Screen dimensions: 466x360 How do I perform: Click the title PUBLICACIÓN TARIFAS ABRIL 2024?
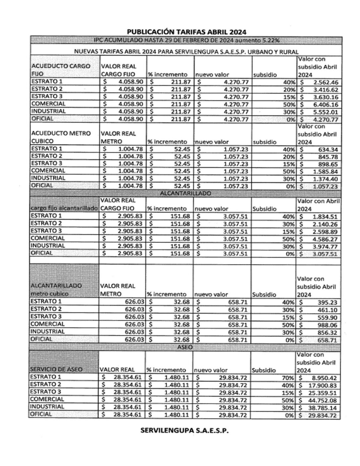click(x=187, y=32)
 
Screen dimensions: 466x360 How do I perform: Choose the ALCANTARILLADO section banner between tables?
click(x=185, y=193)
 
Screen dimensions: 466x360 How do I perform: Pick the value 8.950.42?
click(x=324, y=378)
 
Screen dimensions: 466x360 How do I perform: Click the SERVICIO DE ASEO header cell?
click(x=56, y=369)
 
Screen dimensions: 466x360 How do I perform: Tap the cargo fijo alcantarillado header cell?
click(x=64, y=209)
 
